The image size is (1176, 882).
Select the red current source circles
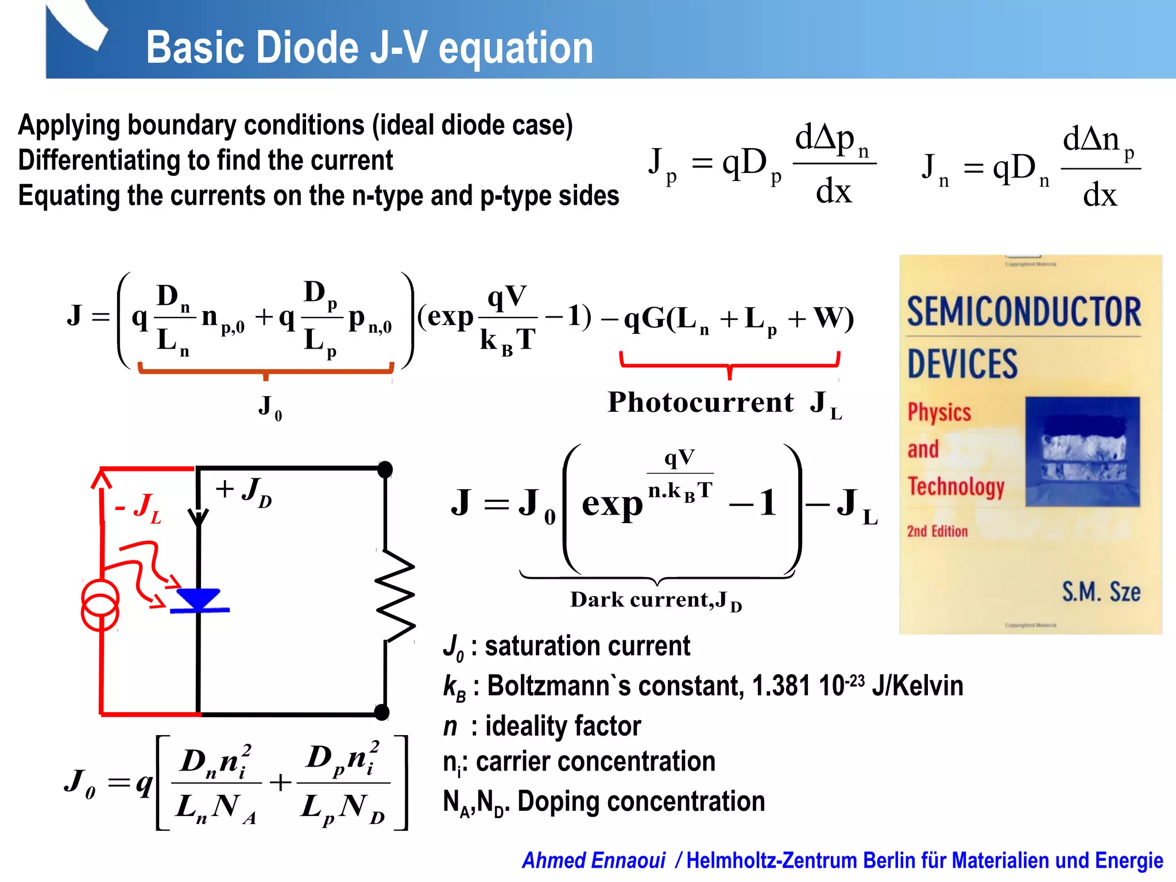tap(100, 605)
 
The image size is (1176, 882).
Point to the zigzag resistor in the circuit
tap(395, 595)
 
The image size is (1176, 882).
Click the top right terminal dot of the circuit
tap(385, 469)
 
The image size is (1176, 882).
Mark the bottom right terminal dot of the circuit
tap(381, 713)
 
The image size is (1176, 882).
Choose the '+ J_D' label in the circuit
tap(243, 492)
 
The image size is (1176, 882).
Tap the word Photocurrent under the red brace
tap(701, 402)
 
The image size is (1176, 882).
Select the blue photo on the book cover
tap(1082, 451)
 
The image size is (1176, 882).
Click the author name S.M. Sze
tap(1101, 591)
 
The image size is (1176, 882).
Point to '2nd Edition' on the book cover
tap(937, 531)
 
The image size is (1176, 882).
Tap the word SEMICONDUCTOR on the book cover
tap(1024, 312)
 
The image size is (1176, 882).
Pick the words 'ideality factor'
tap(563, 726)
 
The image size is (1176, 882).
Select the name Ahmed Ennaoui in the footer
tap(593, 860)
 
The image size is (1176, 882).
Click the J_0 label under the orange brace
tap(269, 407)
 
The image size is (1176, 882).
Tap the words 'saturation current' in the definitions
tap(587, 646)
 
